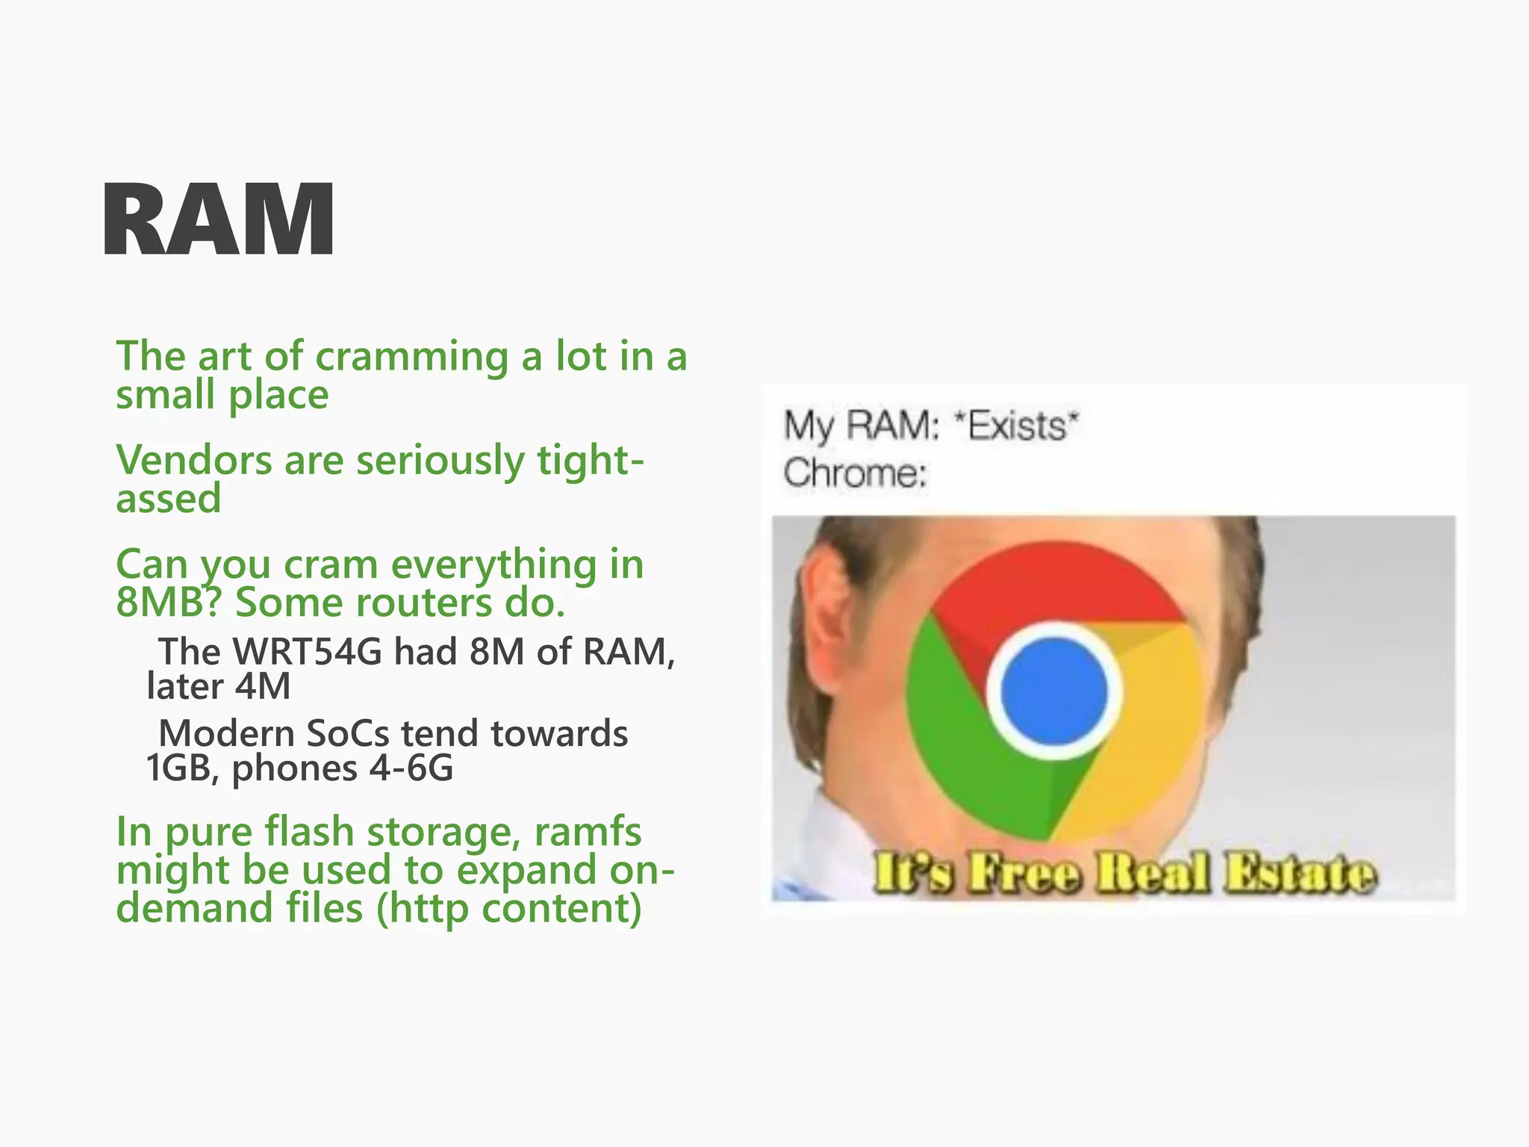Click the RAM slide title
click(x=218, y=221)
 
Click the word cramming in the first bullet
click(x=411, y=356)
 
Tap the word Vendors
click(x=193, y=460)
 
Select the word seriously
click(x=440, y=461)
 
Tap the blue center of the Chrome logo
click(x=1053, y=691)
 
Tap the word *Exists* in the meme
click(x=1017, y=426)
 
